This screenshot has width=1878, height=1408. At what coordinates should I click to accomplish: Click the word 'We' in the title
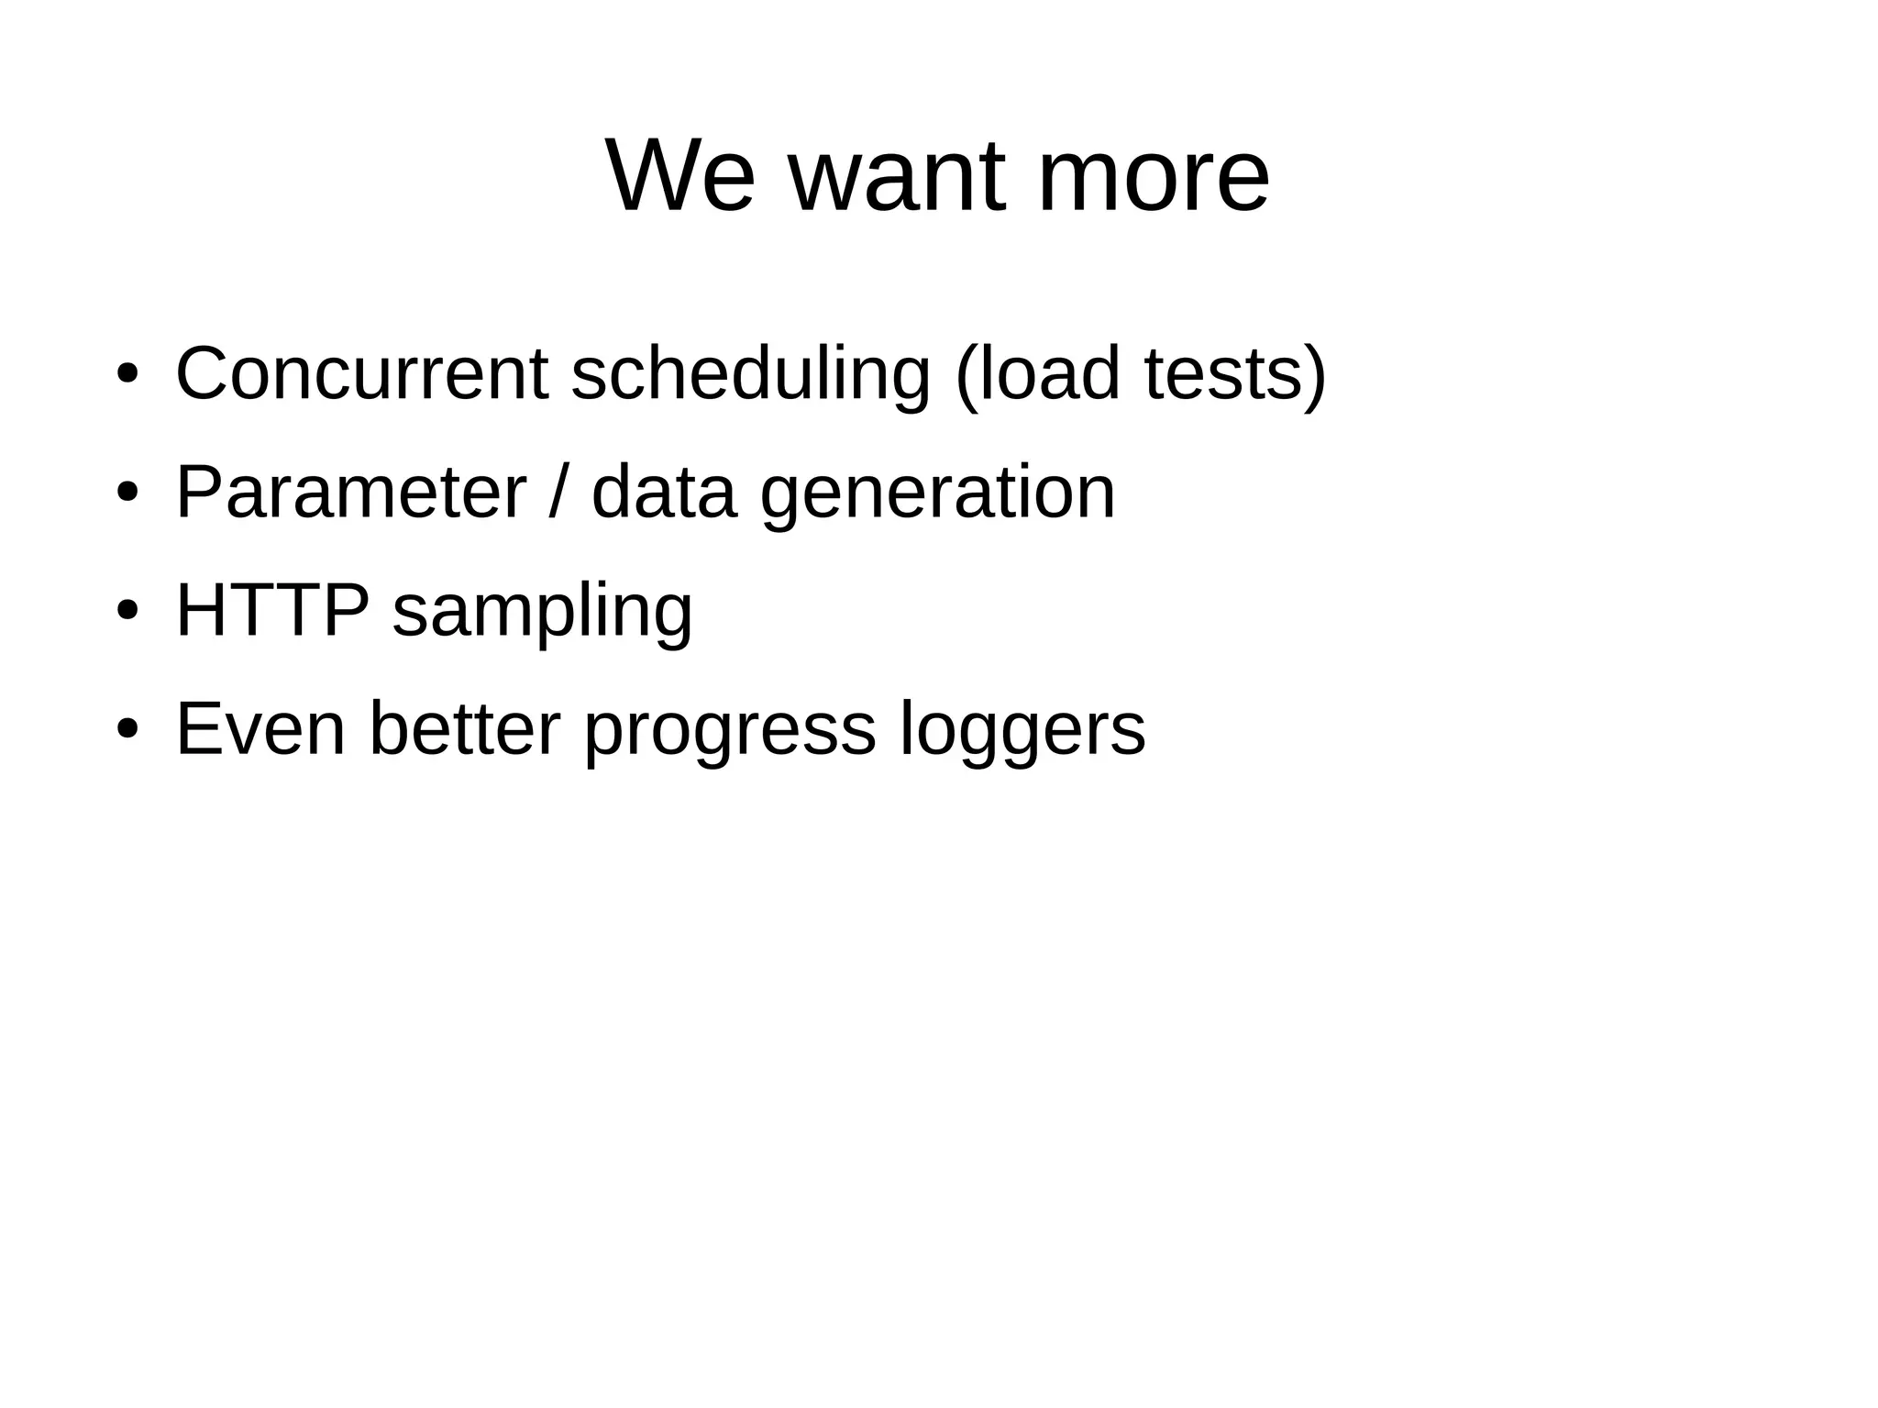[x=679, y=175]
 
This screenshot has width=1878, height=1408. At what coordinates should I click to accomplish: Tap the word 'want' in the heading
[x=896, y=175]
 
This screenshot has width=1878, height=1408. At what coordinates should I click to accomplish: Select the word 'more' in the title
[x=1153, y=175]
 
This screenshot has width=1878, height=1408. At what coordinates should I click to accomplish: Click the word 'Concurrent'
[x=361, y=373]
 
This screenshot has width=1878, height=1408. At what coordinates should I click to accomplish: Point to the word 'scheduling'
[x=750, y=373]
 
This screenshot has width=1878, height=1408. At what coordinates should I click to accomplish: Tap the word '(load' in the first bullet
[x=1037, y=373]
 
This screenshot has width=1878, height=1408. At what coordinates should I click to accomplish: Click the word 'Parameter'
[x=351, y=492]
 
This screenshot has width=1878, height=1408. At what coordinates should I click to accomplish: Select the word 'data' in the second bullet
[x=664, y=492]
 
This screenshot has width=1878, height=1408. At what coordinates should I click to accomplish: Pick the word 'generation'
[x=937, y=492]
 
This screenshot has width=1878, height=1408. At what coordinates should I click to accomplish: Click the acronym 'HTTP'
[x=272, y=610]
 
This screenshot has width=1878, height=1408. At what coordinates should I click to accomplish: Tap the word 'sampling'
[x=542, y=610]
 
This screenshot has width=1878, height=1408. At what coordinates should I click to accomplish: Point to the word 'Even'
[x=260, y=728]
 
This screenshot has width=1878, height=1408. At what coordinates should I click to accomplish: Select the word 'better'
[x=464, y=728]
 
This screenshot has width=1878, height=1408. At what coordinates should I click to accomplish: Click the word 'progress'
[x=730, y=728]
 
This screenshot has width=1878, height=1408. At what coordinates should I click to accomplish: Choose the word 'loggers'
[x=1022, y=728]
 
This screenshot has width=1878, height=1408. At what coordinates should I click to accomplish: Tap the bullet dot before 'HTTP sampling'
[x=127, y=612]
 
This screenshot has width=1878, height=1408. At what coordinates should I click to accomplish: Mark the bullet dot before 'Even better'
[x=127, y=730]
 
